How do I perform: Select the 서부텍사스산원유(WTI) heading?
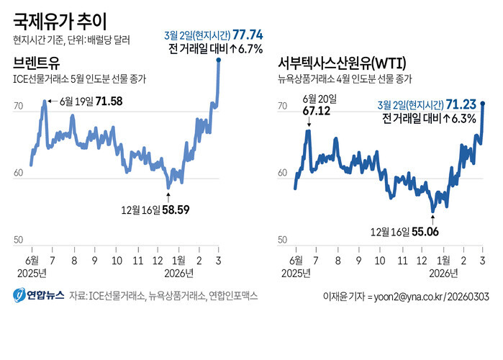[x=341, y=64]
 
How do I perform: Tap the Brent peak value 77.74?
[x=245, y=34]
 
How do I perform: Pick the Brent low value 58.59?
[x=175, y=210]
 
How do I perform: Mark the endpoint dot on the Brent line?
[x=218, y=60]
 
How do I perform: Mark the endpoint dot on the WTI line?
[x=482, y=104]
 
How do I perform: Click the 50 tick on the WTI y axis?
[x=284, y=240]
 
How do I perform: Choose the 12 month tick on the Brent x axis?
[x=158, y=259]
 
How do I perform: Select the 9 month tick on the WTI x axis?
[x=359, y=259]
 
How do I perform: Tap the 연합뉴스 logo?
[x=39, y=294]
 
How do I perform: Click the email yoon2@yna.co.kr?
[x=406, y=296]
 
